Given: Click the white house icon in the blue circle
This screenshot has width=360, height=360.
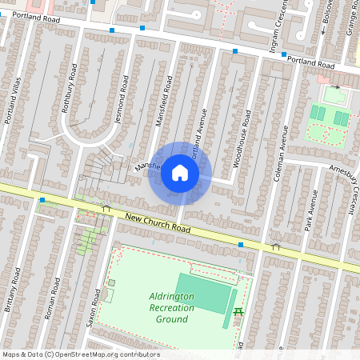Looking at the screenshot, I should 179,172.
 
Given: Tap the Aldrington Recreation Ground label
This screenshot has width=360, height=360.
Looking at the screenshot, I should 172,308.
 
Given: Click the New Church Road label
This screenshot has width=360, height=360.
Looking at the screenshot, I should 158,223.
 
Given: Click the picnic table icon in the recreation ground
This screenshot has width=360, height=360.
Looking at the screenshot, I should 238,309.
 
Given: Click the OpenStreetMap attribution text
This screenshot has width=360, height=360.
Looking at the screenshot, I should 81,354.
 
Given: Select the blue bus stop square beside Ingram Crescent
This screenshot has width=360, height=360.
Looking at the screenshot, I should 236,52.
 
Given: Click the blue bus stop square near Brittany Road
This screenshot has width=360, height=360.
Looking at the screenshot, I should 41,200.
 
